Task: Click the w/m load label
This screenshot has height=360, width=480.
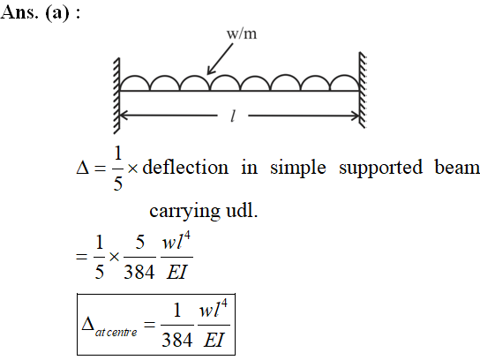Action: pyautogui.click(x=242, y=34)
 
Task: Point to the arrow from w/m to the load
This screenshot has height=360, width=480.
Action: pyautogui.click(x=220, y=59)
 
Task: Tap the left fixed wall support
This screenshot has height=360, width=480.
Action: pyautogui.click(x=116, y=95)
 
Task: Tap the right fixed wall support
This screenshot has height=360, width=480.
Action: pyautogui.click(x=363, y=90)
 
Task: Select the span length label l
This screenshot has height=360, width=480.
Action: pyautogui.click(x=233, y=116)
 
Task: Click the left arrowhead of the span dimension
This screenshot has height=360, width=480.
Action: pyautogui.click(x=123, y=116)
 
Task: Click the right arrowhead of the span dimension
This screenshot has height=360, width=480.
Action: pyautogui.click(x=355, y=116)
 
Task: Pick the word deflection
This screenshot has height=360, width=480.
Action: pyautogui.click(x=185, y=168)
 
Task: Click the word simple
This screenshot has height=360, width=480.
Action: pyautogui.click(x=298, y=169)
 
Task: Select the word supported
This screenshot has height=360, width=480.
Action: pyautogui.click(x=381, y=169)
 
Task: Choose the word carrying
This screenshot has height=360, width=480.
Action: pyautogui.click(x=184, y=212)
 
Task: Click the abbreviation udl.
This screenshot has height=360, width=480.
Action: pyautogui.click(x=242, y=211)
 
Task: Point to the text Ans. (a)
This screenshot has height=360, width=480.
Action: pyautogui.click(x=35, y=13)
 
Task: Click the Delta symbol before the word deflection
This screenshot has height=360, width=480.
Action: pyautogui.click(x=83, y=168)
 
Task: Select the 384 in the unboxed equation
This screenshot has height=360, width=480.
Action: pyautogui.click(x=139, y=273)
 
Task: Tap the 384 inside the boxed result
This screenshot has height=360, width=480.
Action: pyautogui.click(x=177, y=340)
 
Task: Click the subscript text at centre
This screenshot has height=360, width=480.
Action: pyautogui.click(x=116, y=333)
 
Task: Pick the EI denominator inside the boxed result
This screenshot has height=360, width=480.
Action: pyautogui.click(x=214, y=340)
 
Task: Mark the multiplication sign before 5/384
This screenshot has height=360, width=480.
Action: pyautogui.click(x=114, y=257)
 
